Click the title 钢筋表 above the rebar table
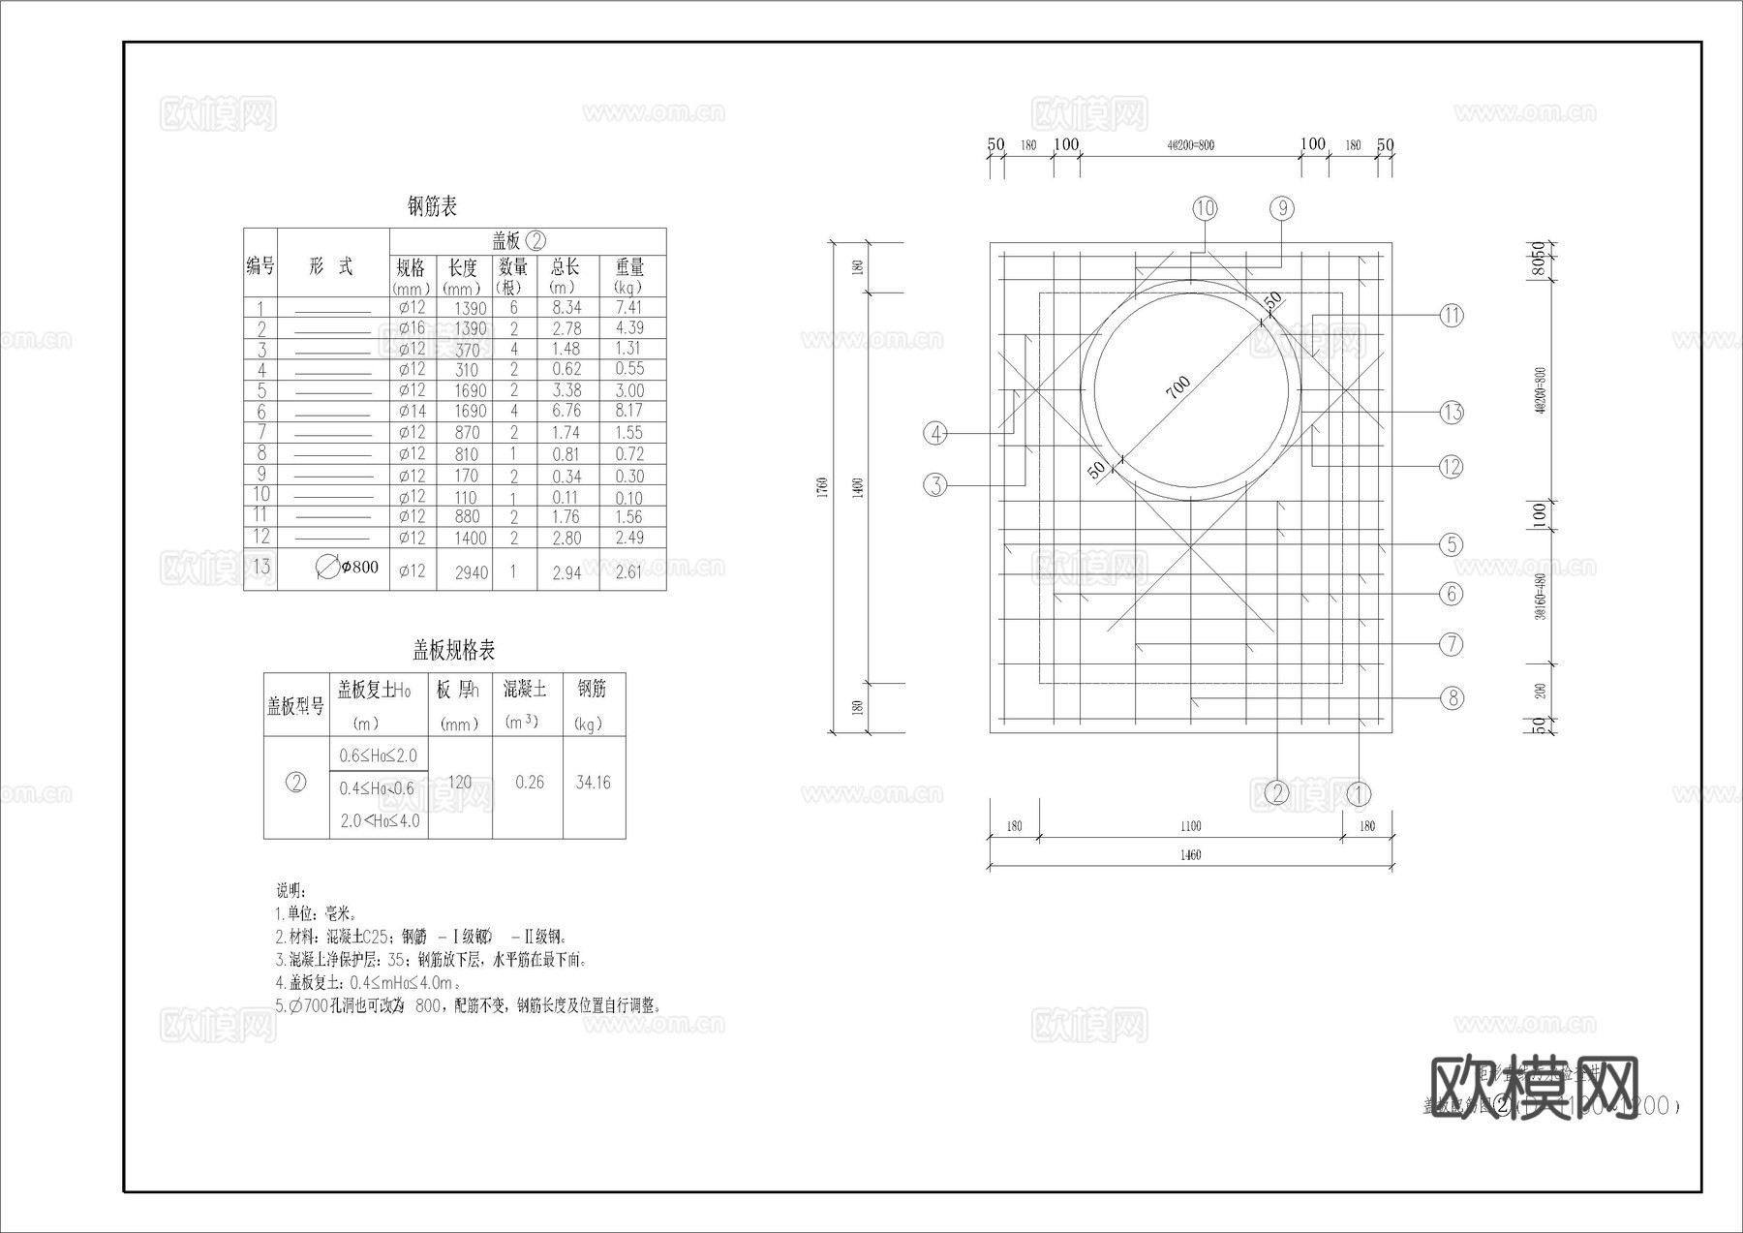coord(432,206)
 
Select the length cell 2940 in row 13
coord(471,572)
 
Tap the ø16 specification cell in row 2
coord(412,328)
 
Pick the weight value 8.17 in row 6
coord(629,411)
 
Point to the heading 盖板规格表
coord(454,650)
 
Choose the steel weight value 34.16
coord(593,783)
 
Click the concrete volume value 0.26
coord(530,783)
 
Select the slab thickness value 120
coord(460,783)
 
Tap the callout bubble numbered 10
coord(1205,208)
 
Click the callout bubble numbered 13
coord(1452,413)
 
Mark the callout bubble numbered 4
coord(935,433)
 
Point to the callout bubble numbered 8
coord(1452,697)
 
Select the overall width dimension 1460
coord(1190,855)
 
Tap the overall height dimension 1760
coord(822,484)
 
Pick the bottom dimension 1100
coord(1190,826)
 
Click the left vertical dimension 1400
coord(857,486)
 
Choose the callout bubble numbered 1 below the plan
coord(1359,794)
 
